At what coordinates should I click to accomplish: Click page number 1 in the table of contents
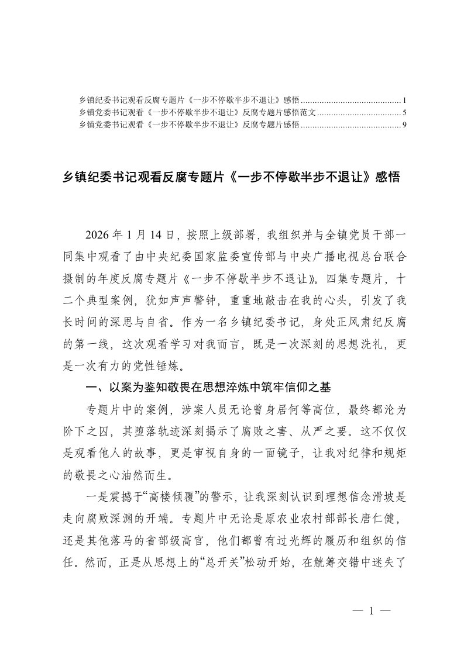[x=404, y=100]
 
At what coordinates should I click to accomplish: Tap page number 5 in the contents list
[x=404, y=112]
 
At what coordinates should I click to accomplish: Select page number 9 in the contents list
[x=404, y=125]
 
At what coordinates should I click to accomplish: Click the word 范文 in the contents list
[x=308, y=112]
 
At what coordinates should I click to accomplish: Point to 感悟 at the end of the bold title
[x=387, y=177]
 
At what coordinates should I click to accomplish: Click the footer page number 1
[x=370, y=612]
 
